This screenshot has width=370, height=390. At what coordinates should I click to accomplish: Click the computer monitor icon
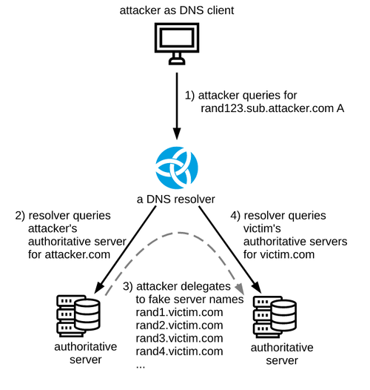coord(177,44)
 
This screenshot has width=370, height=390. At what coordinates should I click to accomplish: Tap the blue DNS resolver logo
coord(177,168)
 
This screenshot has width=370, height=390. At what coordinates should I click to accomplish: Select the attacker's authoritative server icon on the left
coord(78,316)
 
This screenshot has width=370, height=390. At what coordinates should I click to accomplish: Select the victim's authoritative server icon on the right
coord(275,317)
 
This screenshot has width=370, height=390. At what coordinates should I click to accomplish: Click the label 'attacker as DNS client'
coord(177,10)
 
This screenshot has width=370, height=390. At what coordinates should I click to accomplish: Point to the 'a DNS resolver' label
coord(176,199)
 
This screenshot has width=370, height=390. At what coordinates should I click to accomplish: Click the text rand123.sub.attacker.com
coord(267,108)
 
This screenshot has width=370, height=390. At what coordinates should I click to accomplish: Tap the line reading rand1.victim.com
coord(179,312)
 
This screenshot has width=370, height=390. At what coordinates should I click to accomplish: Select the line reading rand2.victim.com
coord(179,325)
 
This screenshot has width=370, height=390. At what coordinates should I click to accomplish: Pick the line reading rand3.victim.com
coord(179,338)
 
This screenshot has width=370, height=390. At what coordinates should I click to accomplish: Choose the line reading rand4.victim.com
coord(179,351)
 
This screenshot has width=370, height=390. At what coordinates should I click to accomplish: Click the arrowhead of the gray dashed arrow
coord(239,288)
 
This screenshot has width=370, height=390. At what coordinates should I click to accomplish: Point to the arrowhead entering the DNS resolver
coord(177,133)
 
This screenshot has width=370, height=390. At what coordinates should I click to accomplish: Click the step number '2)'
coord(20,216)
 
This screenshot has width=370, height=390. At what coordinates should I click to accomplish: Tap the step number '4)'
coord(235,216)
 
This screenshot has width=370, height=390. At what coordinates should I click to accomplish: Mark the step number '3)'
coord(128,286)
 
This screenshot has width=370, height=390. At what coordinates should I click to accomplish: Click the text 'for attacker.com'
coord(69,255)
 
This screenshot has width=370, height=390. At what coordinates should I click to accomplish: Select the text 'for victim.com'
coord(279,255)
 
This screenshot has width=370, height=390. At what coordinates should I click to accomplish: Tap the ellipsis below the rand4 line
coord(141,366)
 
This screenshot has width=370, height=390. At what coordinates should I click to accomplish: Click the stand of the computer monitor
coord(177,59)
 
